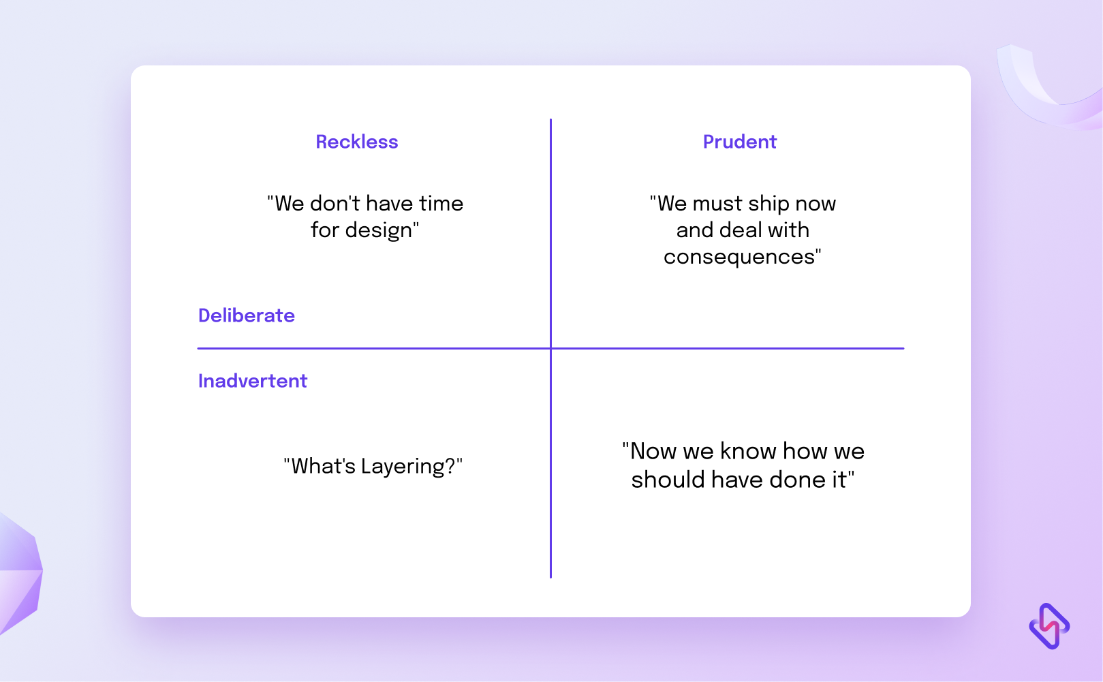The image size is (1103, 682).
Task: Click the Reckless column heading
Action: [x=356, y=142]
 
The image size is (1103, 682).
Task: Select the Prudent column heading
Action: [x=740, y=142]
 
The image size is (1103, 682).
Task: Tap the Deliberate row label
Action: [x=246, y=315]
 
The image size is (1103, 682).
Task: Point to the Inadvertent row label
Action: [x=253, y=381]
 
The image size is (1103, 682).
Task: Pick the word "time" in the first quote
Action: [x=441, y=203]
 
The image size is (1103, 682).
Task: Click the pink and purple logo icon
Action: [x=1049, y=626]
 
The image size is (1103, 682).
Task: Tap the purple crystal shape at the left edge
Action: [x=20, y=574]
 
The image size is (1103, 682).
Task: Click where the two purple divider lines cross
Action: [x=550, y=348]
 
